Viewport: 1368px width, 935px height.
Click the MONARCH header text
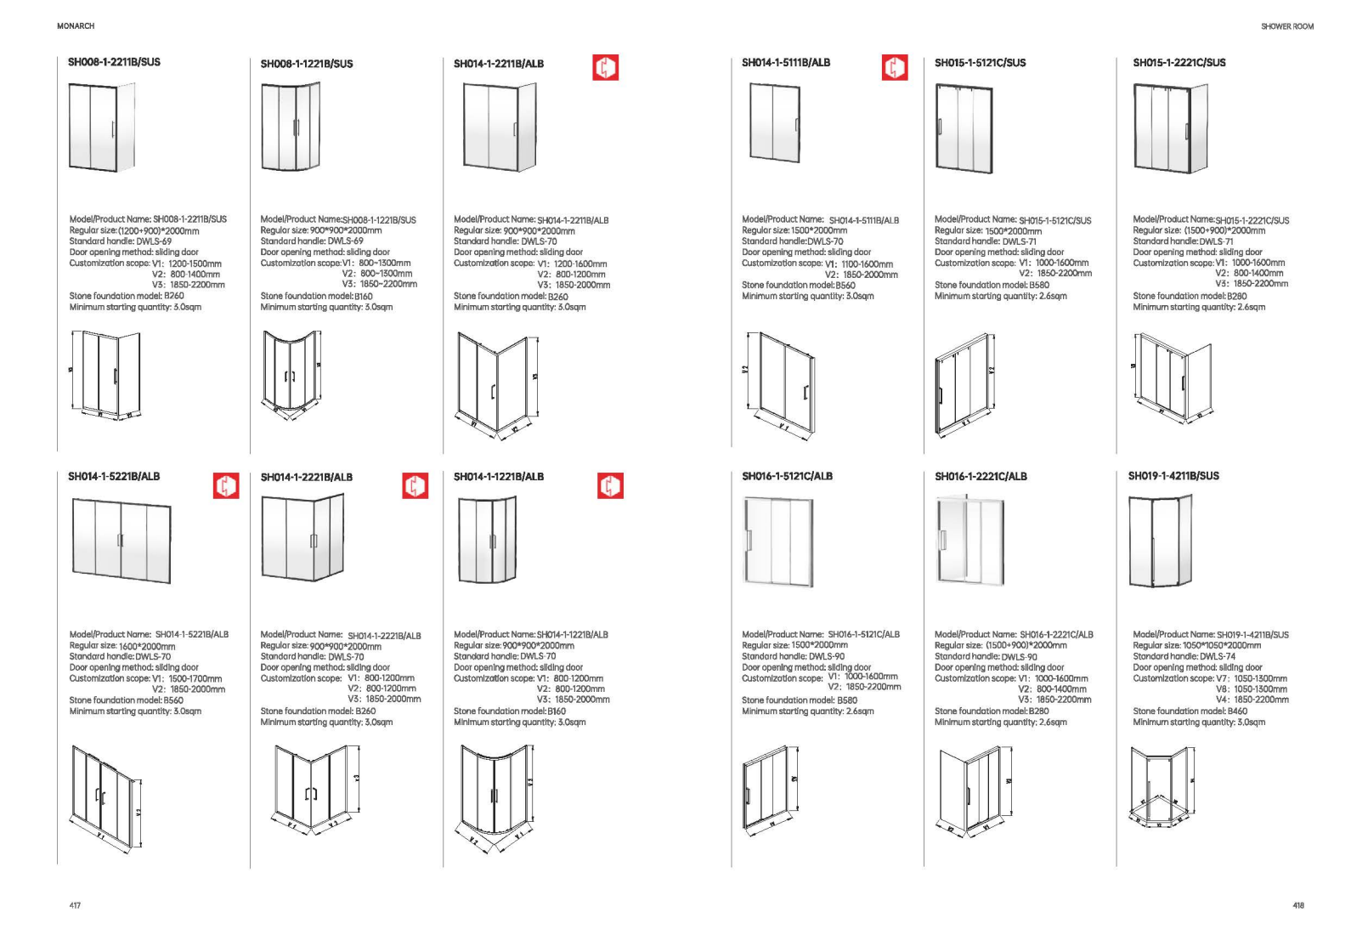point(76,26)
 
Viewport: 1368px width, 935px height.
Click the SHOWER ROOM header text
point(1286,26)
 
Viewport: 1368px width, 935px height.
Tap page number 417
point(75,905)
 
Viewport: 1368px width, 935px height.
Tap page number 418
point(1297,905)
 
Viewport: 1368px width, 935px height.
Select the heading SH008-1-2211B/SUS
point(114,62)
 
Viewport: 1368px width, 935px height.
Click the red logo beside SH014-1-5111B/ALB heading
point(894,67)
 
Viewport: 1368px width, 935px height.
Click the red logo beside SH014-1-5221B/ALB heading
point(225,485)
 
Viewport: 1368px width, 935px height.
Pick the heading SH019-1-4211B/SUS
point(1173,476)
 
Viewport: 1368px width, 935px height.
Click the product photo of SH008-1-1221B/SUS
point(291,127)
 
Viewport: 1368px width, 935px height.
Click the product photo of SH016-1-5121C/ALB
point(777,541)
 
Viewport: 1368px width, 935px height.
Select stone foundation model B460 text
point(1190,711)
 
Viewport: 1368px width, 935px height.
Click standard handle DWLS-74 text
point(1184,656)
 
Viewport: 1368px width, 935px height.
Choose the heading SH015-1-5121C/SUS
point(980,63)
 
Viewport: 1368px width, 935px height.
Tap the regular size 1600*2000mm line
point(122,646)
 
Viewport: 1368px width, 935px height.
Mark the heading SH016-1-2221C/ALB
point(981,477)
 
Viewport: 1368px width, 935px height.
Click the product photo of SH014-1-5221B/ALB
point(121,541)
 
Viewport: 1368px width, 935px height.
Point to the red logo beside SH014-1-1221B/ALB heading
point(610,485)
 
